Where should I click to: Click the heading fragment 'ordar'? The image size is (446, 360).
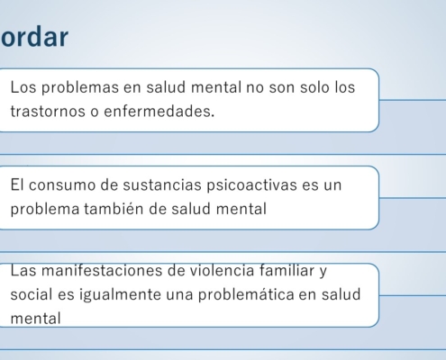click(34, 37)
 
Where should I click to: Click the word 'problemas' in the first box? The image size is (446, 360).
click(80, 88)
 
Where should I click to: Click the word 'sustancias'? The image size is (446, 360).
click(162, 184)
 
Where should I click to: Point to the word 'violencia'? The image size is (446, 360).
click(222, 271)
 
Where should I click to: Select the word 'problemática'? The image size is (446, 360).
click(246, 295)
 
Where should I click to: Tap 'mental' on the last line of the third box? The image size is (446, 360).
click(35, 319)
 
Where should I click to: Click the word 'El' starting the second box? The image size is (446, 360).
click(17, 184)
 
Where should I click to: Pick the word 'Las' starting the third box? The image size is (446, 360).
click(23, 271)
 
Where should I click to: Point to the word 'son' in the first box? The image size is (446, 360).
click(282, 88)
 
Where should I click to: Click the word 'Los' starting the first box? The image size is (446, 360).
click(23, 87)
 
